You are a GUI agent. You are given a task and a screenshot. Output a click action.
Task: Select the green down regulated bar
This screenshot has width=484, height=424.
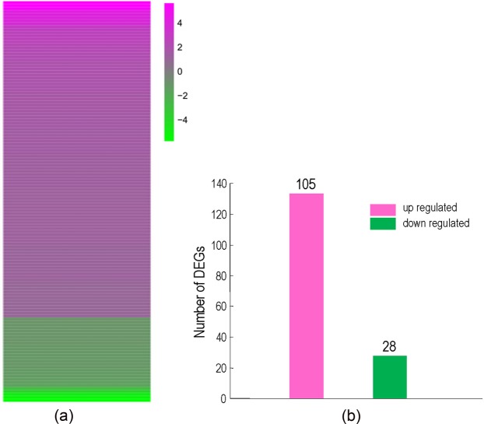coord(390,377)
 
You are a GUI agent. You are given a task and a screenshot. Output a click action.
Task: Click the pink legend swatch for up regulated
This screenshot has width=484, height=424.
coord(384,209)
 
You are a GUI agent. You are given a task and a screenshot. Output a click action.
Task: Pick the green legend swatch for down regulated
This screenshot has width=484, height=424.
coord(384,223)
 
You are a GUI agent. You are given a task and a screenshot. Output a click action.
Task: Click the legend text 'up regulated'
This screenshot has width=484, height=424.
coord(430,209)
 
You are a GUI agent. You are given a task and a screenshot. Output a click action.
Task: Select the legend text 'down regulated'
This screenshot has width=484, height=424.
coord(436,223)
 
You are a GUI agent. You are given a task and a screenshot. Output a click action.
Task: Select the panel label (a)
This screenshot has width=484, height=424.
coord(65,415)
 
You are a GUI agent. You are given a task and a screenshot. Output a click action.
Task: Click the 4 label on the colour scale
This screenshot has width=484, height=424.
coord(180,23)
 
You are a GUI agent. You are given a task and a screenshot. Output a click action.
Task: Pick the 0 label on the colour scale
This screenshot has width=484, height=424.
coord(180,71)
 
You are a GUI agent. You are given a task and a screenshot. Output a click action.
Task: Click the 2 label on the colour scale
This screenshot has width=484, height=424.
coord(180,47)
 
